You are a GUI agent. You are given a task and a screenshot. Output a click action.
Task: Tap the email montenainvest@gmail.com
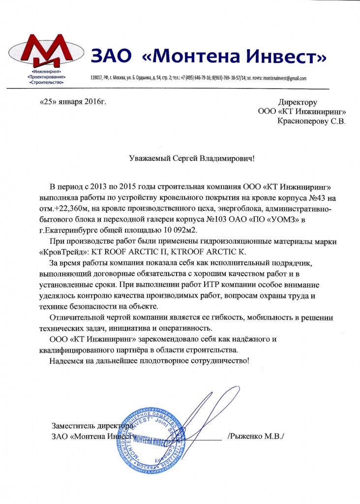(x=285, y=78)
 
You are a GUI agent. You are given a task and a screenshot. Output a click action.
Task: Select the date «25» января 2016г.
(x=72, y=102)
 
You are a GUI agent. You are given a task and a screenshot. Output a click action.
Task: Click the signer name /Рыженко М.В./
(x=256, y=436)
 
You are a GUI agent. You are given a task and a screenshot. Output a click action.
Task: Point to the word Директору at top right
(x=298, y=103)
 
